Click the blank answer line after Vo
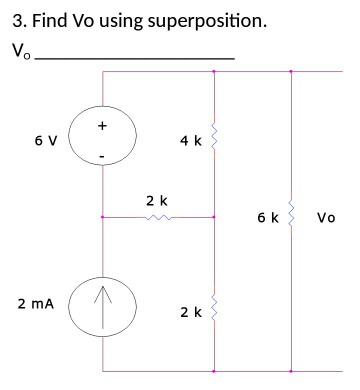(134, 58)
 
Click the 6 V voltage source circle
(102, 141)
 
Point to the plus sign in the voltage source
(102, 126)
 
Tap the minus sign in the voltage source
(102, 157)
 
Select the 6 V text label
(45, 141)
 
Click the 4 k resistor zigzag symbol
(214, 141)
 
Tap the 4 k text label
(190, 141)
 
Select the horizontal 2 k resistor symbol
(158, 216)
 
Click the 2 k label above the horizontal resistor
(157, 201)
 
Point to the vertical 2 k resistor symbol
(214, 312)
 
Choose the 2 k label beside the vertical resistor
(190, 312)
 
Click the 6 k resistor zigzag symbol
(291, 216)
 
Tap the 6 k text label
(267, 216)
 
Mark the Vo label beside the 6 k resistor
(326, 216)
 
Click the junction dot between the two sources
(102, 216)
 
